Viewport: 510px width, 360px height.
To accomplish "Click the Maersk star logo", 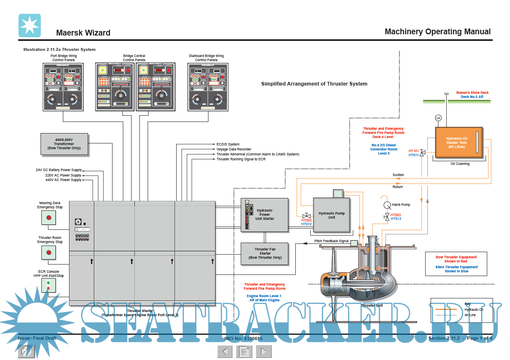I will click(x=29, y=25).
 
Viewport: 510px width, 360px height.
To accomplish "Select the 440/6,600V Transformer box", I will click(x=64, y=144).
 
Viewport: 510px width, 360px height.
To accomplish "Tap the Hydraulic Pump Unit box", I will click(x=331, y=215).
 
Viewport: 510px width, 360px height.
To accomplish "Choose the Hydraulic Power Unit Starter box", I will click(x=265, y=215).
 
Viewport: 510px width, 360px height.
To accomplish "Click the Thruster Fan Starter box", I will click(x=265, y=253).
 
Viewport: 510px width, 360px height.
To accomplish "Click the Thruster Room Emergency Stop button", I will click(x=48, y=252).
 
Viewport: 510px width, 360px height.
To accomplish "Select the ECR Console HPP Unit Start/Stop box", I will click(x=48, y=285).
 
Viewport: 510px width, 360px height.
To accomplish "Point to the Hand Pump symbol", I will click(x=387, y=205).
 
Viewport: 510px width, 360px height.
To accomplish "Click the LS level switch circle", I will click(x=438, y=118).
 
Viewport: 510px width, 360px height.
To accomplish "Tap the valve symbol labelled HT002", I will click(x=306, y=216).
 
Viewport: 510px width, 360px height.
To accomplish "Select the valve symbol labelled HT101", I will click(x=422, y=153).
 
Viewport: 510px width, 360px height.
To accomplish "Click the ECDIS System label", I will click(x=228, y=144).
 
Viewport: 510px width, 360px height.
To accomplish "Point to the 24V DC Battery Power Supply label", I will click(x=59, y=170).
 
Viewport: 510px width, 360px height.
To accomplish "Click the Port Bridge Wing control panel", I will click(x=63, y=87).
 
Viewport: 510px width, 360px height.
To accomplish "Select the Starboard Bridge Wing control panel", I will click(x=208, y=87).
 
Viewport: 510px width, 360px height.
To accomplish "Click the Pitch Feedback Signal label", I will click(x=331, y=241).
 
